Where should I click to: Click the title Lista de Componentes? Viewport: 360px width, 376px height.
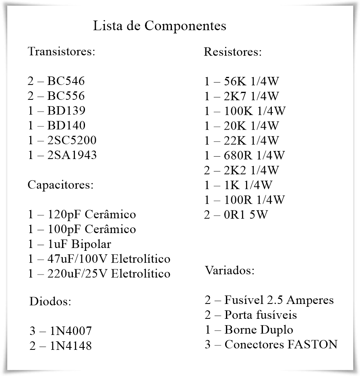point(159,26)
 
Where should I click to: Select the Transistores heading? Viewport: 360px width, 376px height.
point(61,52)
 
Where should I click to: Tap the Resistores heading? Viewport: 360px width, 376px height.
point(233,52)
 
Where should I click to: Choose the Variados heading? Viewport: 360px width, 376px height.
point(230,270)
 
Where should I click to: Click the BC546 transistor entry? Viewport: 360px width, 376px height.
point(66,81)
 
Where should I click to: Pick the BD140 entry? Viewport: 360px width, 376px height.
point(66,125)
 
